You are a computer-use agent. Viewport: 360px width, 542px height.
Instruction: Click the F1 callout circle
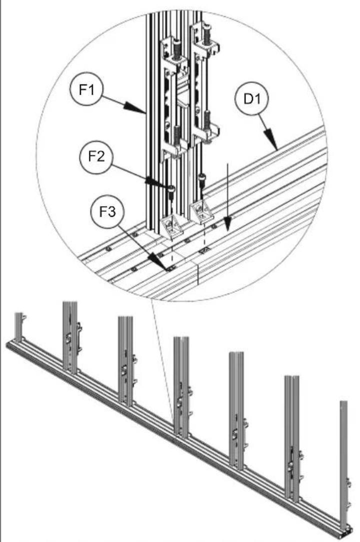tap(86, 89)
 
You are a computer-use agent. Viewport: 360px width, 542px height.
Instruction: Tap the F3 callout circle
tap(107, 211)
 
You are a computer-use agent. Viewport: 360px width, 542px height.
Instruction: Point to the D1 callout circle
tap(251, 99)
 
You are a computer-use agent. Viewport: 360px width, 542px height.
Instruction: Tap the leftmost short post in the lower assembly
tap(19, 327)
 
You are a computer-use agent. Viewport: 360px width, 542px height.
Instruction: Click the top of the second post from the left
tap(70, 303)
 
